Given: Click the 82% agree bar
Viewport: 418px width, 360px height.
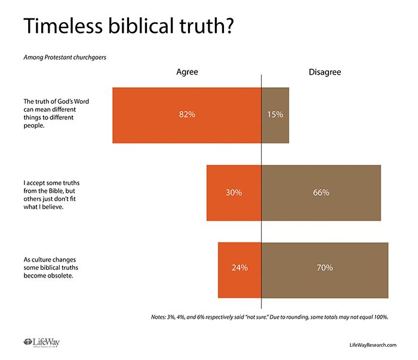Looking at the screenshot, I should click(x=149, y=115).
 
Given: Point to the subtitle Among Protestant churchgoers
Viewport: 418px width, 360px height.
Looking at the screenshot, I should click(x=62, y=58).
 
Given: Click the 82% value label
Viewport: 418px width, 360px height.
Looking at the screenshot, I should click(x=187, y=115).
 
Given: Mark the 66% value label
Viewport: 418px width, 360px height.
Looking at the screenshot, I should click(x=321, y=192).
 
